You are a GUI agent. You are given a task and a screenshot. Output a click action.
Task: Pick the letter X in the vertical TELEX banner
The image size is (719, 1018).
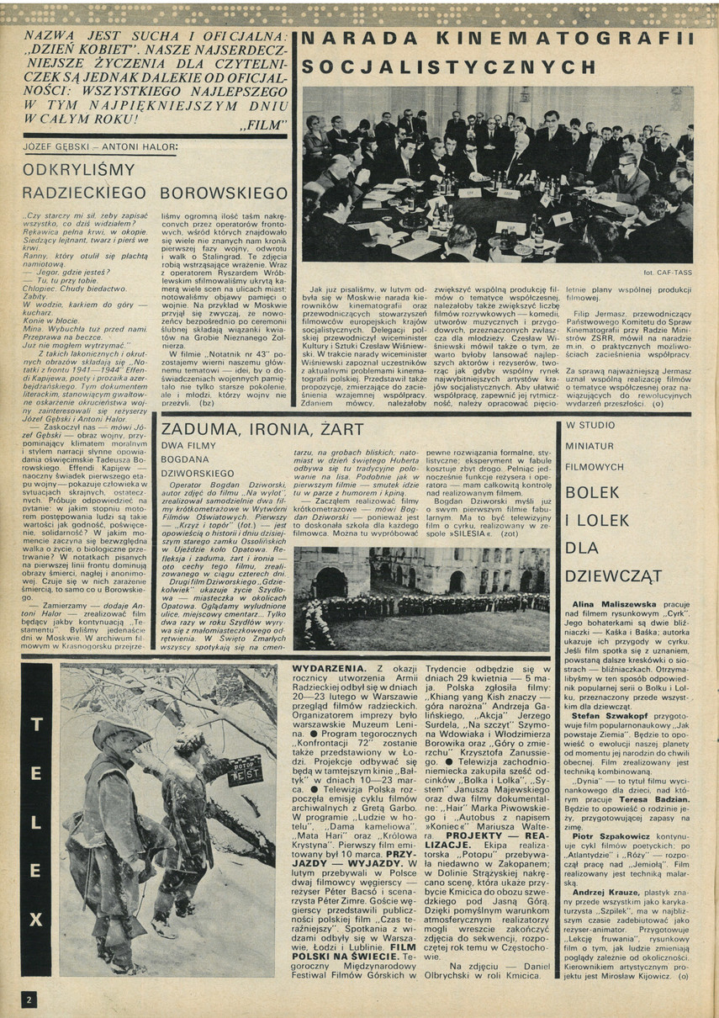[x=35, y=920]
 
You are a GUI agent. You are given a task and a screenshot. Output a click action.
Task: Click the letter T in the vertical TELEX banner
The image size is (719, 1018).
[x=35, y=724]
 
